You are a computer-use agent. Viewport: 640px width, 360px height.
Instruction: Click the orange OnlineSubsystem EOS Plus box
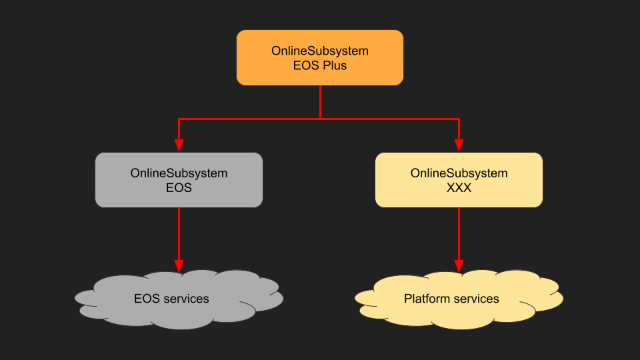click(x=320, y=57)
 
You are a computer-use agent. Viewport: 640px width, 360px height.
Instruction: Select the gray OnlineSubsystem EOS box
click(x=179, y=180)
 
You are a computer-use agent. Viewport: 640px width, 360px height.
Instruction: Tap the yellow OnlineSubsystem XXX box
click(x=459, y=180)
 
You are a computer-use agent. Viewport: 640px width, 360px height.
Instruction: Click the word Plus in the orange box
click(x=333, y=66)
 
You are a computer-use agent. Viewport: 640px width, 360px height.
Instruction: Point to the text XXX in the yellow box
click(x=459, y=188)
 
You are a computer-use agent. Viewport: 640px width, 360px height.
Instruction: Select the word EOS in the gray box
click(x=179, y=188)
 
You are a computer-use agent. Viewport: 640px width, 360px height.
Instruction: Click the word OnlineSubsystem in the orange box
click(x=320, y=51)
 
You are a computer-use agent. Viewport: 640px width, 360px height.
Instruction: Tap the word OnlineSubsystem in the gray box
click(x=179, y=173)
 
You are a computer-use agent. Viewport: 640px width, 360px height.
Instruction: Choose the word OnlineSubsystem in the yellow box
click(x=459, y=173)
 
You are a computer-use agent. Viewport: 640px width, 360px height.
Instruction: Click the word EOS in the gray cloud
click(x=146, y=299)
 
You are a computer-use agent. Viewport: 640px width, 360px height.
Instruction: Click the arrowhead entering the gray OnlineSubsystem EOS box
click(x=179, y=145)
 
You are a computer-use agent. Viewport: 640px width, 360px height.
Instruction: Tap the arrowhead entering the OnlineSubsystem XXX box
click(x=459, y=145)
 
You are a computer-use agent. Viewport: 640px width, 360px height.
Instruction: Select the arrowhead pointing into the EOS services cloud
click(x=179, y=265)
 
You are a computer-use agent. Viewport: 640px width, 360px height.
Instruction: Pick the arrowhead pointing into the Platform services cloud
click(x=459, y=265)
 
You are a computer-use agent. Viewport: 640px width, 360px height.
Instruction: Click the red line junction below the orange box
click(x=320, y=119)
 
